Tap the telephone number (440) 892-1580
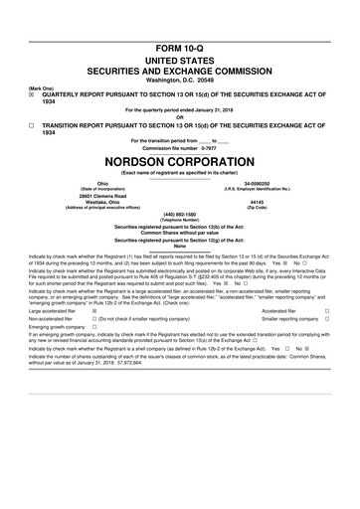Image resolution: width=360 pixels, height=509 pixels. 179,213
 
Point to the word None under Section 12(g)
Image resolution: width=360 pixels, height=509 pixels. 179,247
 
